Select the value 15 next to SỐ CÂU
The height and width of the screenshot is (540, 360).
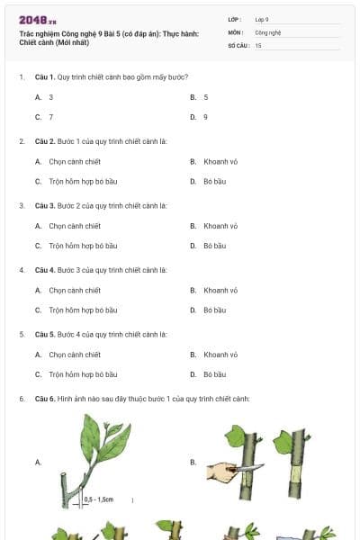258,44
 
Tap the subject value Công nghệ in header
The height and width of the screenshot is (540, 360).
268,31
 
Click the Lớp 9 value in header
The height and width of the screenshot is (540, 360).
261,19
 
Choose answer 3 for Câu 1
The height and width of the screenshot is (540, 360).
50,96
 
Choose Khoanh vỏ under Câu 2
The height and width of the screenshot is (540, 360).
220,161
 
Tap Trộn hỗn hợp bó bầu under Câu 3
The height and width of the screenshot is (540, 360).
83,246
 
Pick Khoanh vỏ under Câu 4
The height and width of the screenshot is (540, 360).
220,290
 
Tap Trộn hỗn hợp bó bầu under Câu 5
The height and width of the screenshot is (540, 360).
83,374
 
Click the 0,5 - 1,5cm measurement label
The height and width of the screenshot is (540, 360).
100,498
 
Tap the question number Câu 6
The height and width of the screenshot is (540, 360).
45,399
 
